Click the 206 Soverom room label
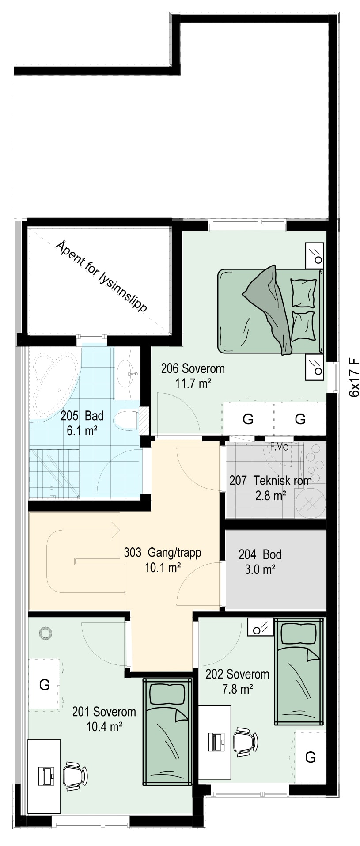(x=193, y=368)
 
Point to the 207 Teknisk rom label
(x=270, y=480)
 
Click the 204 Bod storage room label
(x=260, y=554)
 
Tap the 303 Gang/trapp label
(x=163, y=552)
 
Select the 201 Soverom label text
(x=104, y=712)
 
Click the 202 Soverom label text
(x=237, y=674)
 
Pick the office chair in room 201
(x=76, y=776)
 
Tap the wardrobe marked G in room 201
(x=44, y=684)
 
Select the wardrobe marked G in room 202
(x=311, y=757)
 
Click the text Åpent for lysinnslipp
(x=102, y=277)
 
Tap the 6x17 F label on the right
(x=354, y=379)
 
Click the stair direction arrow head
(x=116, y=530)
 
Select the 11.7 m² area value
(x=193, y=383)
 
